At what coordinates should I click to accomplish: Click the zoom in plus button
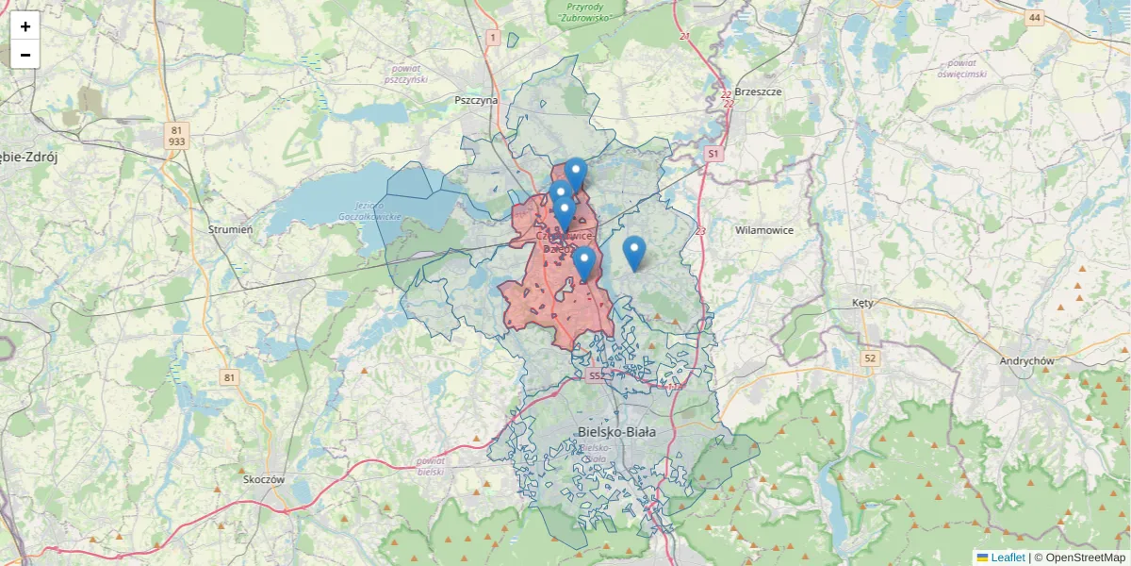25,26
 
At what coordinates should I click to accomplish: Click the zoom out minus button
25,55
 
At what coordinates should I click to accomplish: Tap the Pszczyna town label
475,99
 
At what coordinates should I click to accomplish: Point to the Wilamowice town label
764,230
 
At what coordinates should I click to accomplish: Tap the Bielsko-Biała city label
615,432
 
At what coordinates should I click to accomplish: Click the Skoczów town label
263,479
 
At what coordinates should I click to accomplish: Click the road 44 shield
1036,18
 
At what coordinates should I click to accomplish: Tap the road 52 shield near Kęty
869,358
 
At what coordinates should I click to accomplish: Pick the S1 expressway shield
713,153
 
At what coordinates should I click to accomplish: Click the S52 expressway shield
596,375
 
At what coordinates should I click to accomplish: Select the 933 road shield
176,141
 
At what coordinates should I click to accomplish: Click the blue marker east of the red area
634,253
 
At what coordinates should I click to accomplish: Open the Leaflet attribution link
1007,558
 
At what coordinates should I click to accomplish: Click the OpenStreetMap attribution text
1078,558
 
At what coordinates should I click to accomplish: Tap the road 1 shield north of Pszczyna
492,37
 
